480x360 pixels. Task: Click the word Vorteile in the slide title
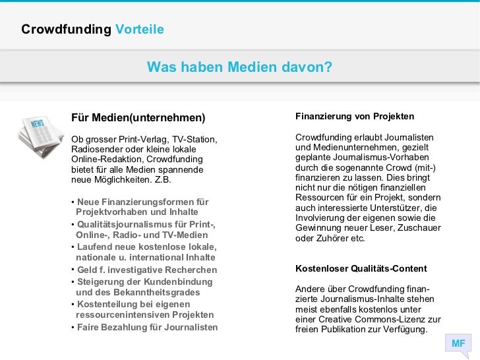click(x=139, y=30)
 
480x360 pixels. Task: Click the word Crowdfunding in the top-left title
click(x=67, y=30)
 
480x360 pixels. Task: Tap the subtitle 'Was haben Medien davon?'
click(x=239, y=67)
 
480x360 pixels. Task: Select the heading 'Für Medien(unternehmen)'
click(x=138, y=118)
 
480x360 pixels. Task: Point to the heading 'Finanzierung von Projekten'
click(x=355, y=117)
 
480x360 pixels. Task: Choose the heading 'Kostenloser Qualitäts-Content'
click(x=361, y=269)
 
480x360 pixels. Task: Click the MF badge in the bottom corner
click(x=458, y=344)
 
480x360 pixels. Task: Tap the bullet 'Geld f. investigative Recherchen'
click(x=146, y=270)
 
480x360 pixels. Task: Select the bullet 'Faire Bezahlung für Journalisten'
click(x=147, y=328)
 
